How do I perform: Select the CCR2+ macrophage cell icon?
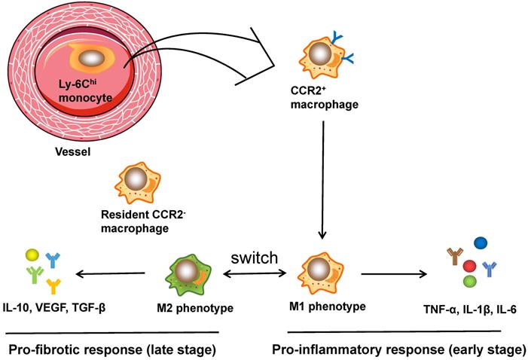(x=322, y=56)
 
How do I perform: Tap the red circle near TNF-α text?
(x=468, y=267)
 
